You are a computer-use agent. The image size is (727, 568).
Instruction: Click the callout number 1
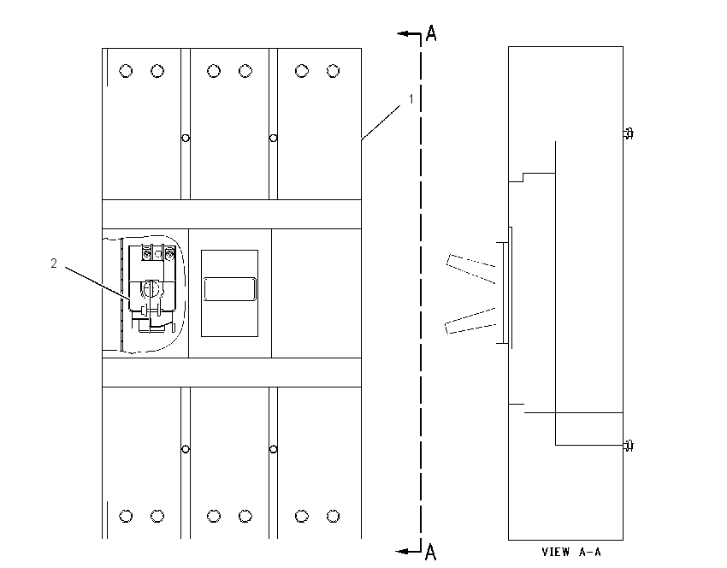pos(411,99)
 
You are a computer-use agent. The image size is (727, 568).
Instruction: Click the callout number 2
pos(54,263)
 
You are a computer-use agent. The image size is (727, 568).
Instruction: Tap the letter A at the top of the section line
pos(431,33)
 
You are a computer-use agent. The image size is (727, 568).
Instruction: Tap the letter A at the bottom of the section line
pos(431,552)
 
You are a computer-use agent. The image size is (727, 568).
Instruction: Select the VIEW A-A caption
pos(571,552)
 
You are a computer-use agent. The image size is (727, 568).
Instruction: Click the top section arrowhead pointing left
pos(403,33)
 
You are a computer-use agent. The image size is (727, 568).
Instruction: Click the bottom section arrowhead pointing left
pos(401,551)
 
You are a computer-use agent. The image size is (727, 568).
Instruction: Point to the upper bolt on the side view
pos(629,133)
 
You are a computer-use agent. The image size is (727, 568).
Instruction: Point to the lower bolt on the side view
pos(629,446)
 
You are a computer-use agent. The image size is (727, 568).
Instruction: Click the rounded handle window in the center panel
pos(229,289)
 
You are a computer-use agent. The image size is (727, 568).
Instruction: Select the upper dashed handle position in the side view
pos(471,269)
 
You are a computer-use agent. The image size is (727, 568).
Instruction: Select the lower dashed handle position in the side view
pos(470,321)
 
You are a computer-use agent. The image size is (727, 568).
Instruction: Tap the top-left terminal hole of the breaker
pos(126,71)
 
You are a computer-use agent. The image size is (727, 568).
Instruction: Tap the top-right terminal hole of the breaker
pos(333,71)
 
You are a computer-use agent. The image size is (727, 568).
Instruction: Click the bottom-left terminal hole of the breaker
pos(126,516)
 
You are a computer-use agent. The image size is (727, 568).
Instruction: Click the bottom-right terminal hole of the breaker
pos(333,516)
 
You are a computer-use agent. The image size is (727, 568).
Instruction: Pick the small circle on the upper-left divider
pos(186,138)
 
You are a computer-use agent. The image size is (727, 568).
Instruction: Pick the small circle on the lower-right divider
pos(273,449)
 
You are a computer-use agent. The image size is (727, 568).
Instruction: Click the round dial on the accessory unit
pos(151,289)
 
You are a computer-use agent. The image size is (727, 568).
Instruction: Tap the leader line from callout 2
pos(98,283)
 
